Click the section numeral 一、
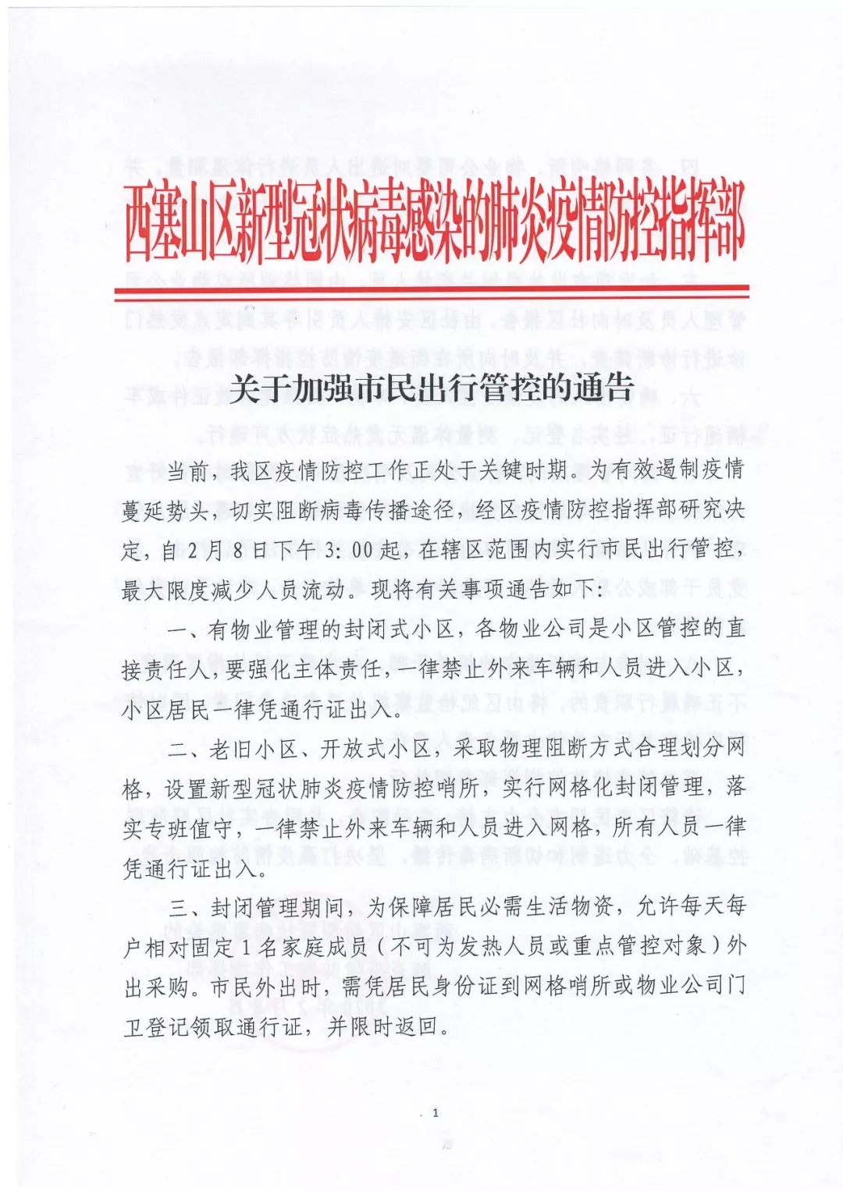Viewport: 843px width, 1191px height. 186,629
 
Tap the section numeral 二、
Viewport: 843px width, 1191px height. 186,750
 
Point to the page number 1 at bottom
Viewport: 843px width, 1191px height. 435,1112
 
